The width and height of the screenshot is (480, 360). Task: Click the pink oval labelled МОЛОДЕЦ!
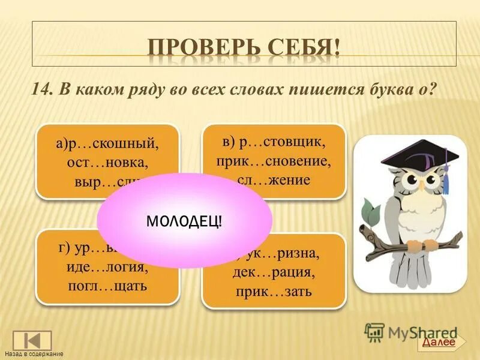(x=184, y=220)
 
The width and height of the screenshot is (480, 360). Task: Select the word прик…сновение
(x=274, y=161)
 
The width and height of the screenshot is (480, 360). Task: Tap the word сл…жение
(x=273, y=179)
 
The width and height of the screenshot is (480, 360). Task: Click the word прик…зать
(x=274, y=292)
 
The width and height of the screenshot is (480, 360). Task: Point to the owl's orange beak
(x=421, y=185)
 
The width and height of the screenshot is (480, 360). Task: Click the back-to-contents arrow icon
(x=32, y=340)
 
